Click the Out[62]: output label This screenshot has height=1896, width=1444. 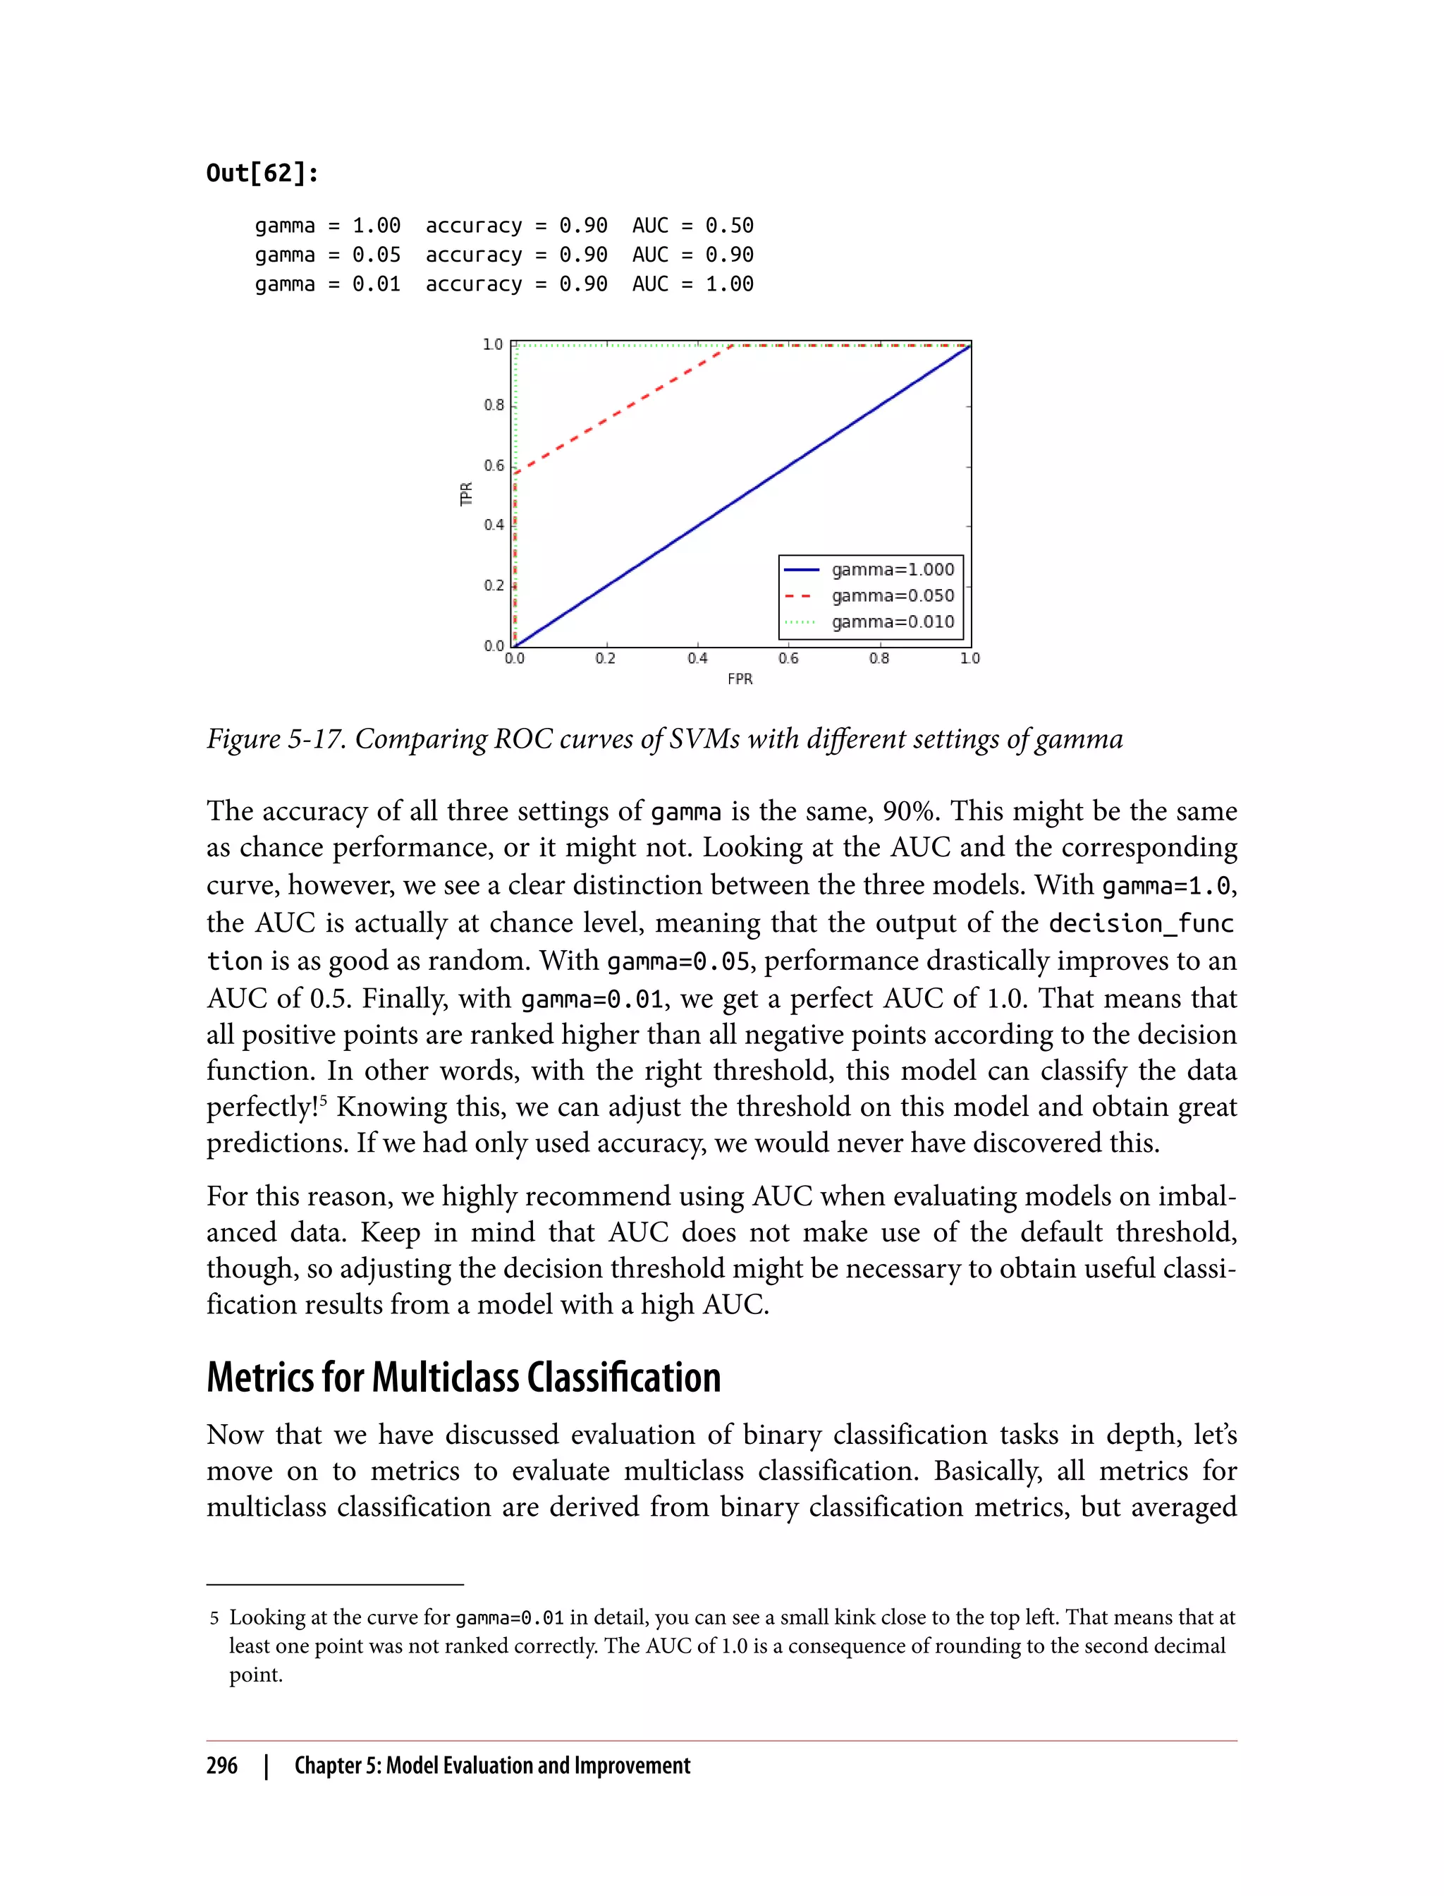click(x=262, y=174)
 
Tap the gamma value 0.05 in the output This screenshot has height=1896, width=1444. click(x=377, y=255)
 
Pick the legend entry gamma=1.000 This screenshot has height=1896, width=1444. click(x=892, y=569)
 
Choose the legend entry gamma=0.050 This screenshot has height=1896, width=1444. click(x=892, y=595)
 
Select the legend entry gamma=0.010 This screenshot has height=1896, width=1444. click(x=892, y=621)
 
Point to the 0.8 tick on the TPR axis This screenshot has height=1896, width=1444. click(x=494, y=405)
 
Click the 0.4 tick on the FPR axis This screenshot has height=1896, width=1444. click(x=697, y=659)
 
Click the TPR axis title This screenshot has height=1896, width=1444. click(x=467, y=494)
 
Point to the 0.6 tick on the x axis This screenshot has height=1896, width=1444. click(x=788, y=659)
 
